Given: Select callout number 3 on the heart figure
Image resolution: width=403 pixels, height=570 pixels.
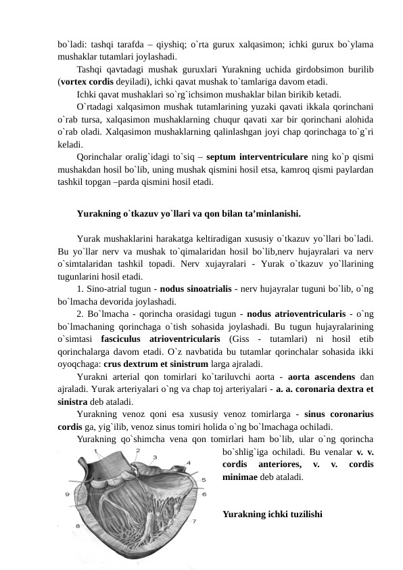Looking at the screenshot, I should click(x=155, y=457).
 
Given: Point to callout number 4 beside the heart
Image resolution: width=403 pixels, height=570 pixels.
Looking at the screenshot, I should click(x=188, y=463).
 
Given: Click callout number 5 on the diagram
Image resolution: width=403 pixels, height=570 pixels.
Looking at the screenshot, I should click(x=204, y=479).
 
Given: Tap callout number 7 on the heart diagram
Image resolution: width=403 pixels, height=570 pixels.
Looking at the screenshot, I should click(x=195, y=521).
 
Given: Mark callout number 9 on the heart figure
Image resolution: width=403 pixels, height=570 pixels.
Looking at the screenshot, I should click(x=68, y=494).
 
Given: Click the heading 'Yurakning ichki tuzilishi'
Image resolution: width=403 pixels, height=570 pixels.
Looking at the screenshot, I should click(x=272, y=514).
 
